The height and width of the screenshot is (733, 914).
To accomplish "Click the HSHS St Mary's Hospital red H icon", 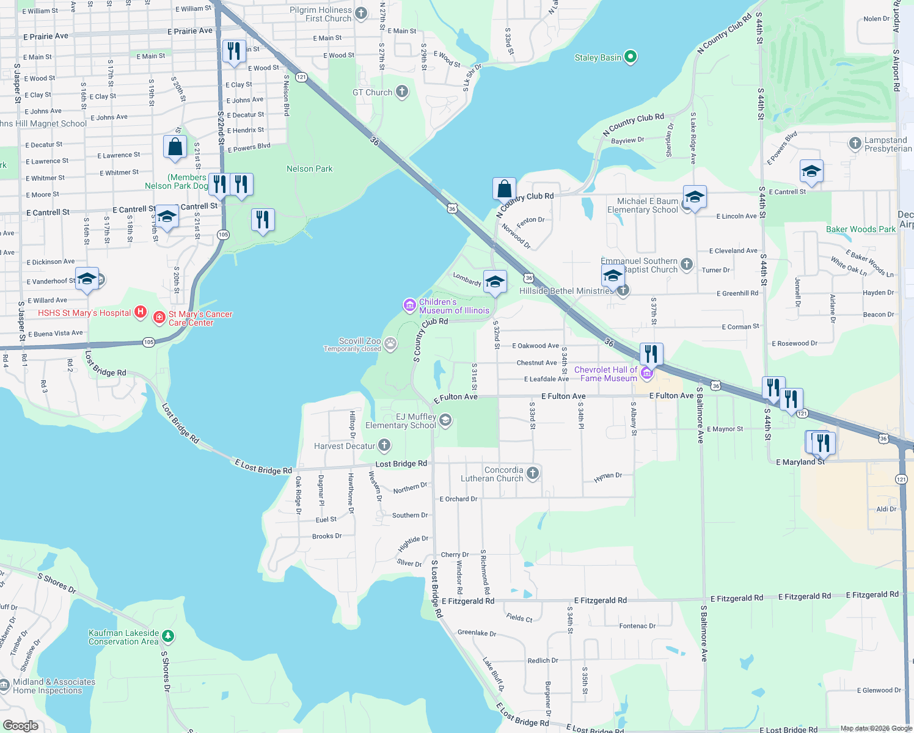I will click(141, 313).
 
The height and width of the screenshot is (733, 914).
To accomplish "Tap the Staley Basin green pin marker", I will click(631, 57).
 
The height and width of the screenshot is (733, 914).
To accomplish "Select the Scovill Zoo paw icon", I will click(390, 345).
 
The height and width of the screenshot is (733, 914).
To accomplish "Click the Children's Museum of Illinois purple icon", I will click(409, 304).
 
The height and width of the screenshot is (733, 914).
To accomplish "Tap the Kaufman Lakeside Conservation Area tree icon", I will click(168, 636).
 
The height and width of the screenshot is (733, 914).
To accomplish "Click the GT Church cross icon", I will click(401, 92).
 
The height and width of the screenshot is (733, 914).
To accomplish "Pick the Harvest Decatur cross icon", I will click(384, 445).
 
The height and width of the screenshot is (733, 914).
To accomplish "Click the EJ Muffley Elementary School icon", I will click(445, 420).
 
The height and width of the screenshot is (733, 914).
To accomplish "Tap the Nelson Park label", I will click(309, 169).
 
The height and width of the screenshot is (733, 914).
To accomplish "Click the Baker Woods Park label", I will click(860, 229).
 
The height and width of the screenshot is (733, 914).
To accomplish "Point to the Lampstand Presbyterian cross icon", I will click(855, 144).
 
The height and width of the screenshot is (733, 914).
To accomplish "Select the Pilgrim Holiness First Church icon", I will click(361, 13).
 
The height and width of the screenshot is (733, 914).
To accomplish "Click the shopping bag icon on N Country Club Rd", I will click(504, 189).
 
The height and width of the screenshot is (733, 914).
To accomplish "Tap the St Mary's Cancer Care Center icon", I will click(159, 317).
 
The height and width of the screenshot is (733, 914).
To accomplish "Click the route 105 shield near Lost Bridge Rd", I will click(149, 342).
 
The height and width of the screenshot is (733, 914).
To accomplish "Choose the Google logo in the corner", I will click(21, 726).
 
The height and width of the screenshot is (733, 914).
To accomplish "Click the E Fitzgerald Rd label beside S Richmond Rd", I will click(468, 601).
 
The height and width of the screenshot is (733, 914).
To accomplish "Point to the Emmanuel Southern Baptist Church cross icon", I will click(687, 264).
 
